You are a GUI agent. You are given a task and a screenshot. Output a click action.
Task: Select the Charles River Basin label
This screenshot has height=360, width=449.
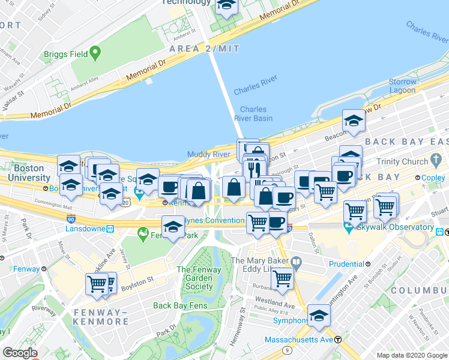tap(256, 113)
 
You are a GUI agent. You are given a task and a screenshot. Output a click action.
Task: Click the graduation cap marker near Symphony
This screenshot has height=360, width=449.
tap(319, 315)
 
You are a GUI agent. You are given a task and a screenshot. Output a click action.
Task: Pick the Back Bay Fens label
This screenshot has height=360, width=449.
tap(180, 305)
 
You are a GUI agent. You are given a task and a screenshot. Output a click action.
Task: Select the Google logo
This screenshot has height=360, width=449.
tap(20, 353)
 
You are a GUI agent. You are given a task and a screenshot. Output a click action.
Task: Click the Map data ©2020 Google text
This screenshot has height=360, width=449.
tap(412, 355)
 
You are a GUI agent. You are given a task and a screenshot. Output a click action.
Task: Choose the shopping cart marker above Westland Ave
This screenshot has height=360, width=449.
tap(282, 278)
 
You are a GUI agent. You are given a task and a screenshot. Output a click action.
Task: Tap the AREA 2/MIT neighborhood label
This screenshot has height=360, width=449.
tap(205, 48)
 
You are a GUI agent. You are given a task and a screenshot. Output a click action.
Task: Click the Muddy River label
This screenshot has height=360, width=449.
tap(209, 154)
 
